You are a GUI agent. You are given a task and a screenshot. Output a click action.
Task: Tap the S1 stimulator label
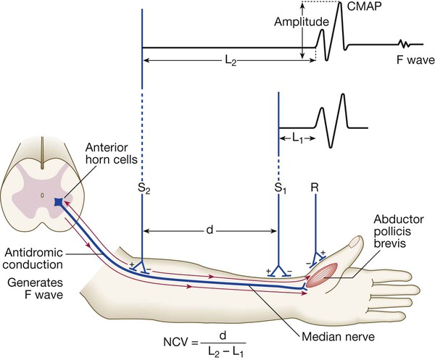pyautogui.click(x=280, y=190)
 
